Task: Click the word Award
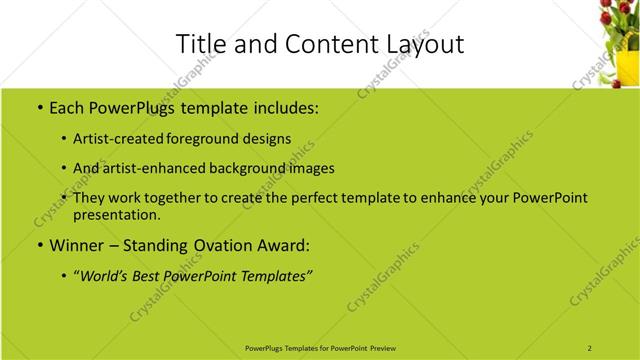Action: pyautogui.click(x=281, y=245)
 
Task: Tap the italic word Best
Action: pyautogui.click(x=157, y=276)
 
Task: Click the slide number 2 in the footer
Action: pyautogui.click(x=590, y=348)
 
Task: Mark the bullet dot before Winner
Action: pyautogui.click(x=38, y=246)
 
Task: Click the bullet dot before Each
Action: pyautogui.click(x=38, y=107)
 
